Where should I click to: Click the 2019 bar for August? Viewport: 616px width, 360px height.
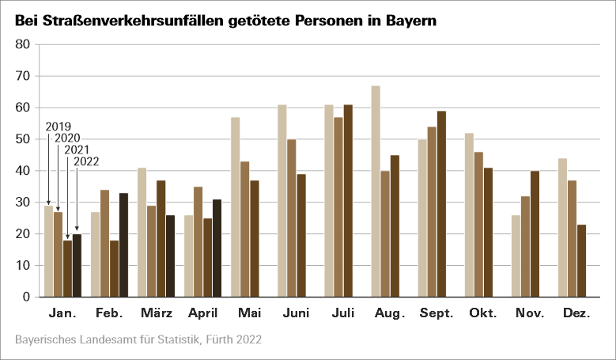pyautogui.click(x=376, y=191)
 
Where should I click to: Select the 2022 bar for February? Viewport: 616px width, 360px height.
pyautogui.click(x=123, y=245)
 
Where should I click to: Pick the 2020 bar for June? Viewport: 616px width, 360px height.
pyautogui.click(x=291, y=218)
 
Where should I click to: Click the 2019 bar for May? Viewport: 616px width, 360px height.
pyautogui.click(x=235, y=207)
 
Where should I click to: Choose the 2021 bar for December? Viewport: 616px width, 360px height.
pyautogui.click(x=581, y=261)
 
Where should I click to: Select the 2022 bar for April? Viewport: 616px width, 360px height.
pyautogui.click(x=217, y=248)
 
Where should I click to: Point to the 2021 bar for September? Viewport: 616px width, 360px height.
pyautogui.click(x=441, y=204)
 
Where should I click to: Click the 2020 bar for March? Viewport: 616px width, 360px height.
pyautogui.click(x=151, y=252)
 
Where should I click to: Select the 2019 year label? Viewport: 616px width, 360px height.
pyautogui.click(x=59, y=126)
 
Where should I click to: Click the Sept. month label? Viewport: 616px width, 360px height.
pyautogui.click(x=436, y=314)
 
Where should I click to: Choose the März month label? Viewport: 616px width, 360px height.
pyautogui.click(x=156, y=314)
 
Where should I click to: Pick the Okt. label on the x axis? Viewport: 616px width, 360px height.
pyautogui.click(x=482, y=314)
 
